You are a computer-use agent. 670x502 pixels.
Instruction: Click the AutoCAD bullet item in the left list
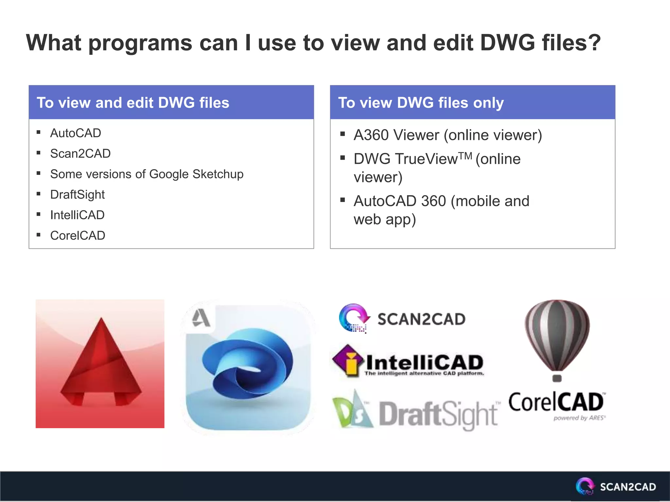tap(76, 133)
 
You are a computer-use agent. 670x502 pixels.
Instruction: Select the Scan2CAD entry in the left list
tap(80, 154)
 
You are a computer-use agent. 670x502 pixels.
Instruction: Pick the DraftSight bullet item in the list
tap(78, 195)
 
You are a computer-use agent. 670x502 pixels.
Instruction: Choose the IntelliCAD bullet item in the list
tap(78, 215)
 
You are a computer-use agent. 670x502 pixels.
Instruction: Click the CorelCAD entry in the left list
tap(78, 236)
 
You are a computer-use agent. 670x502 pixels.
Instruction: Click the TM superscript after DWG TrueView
tap(465, 156)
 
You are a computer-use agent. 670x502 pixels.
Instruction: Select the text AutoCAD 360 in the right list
tap(400, 201)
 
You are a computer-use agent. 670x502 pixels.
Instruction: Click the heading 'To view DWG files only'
tap(421, 103)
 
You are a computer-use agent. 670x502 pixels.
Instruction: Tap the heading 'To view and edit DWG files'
tap(133, 103)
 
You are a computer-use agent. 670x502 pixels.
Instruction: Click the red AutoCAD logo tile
tap(100, 364)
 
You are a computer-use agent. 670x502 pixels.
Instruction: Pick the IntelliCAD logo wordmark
tap(424, 363)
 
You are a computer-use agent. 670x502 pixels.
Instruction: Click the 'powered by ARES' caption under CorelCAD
tap(579, 418)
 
